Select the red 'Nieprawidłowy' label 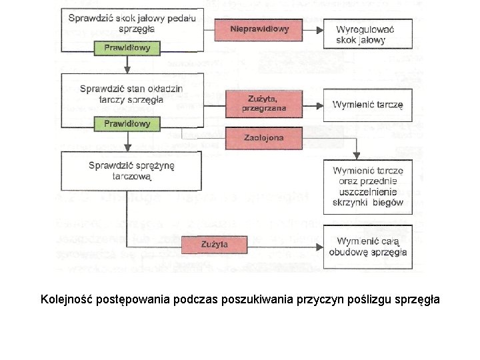259,30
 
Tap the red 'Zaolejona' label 259,138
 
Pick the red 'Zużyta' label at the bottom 215,245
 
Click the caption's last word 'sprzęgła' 417,299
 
